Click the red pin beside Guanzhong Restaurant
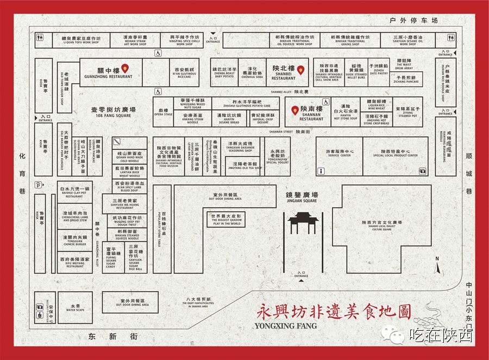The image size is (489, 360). coord(125,68)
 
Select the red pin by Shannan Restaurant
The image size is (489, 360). coord(295,110)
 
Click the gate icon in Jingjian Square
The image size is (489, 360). coord(298,222)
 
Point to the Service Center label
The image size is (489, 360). coord(340,153)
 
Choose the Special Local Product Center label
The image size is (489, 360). coord(395,153)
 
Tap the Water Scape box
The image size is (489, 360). coord(75,308)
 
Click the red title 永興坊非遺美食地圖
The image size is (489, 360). coord(333,312)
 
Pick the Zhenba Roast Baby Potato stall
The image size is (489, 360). coord(224,72)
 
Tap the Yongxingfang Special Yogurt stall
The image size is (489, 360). coord(277,156)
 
